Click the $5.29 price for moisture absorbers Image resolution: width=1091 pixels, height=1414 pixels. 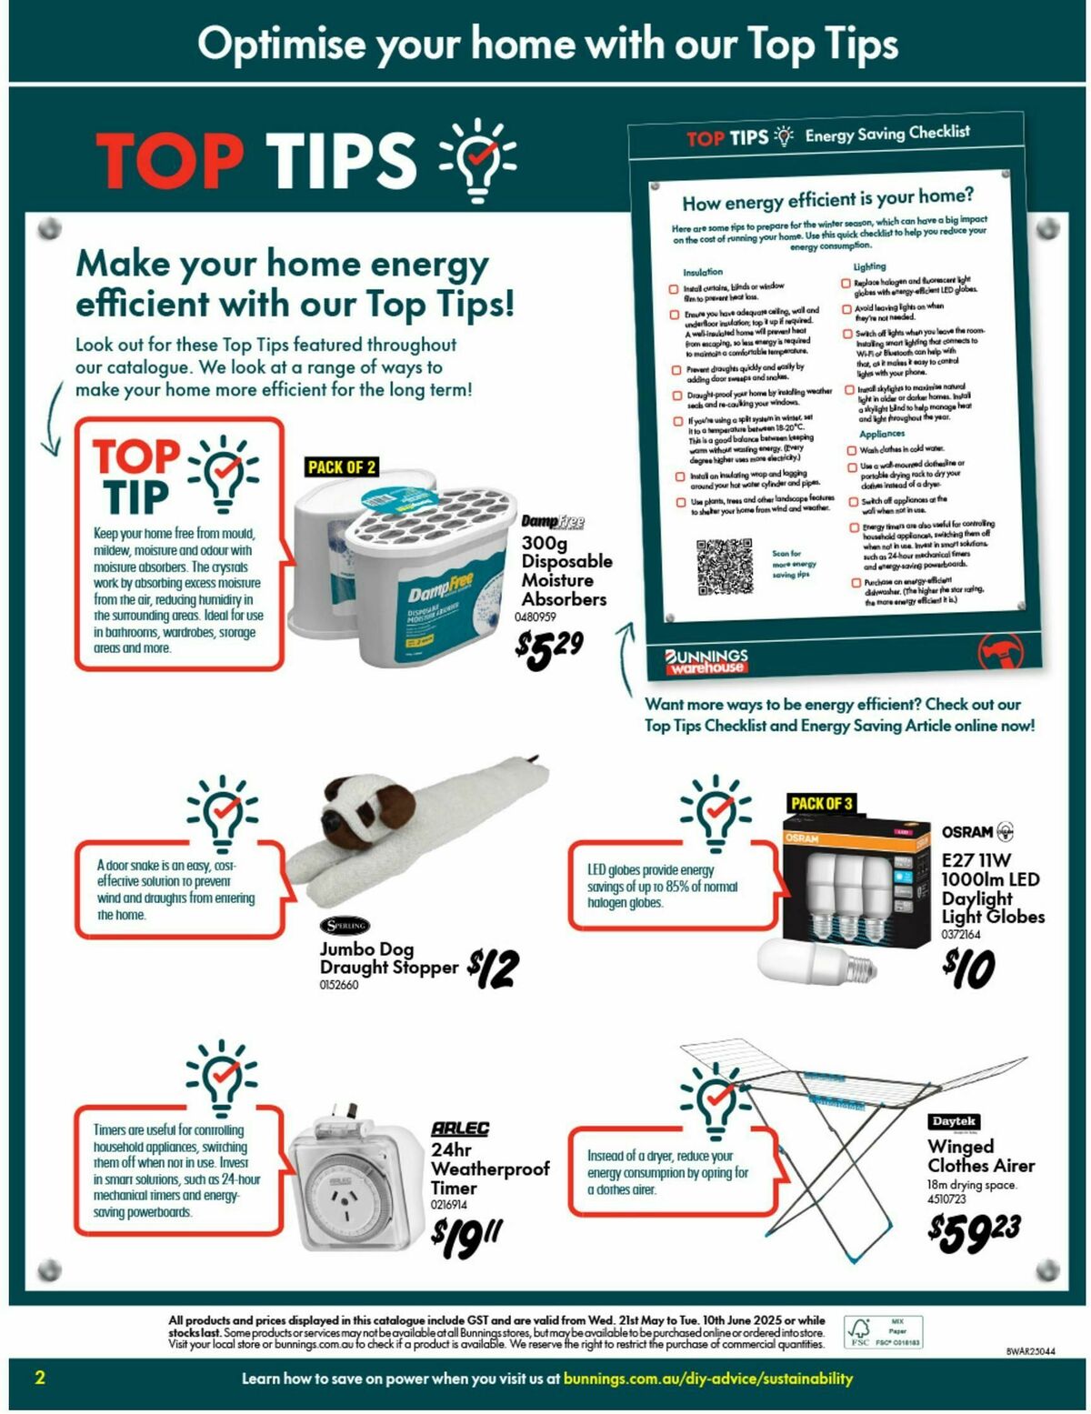548,648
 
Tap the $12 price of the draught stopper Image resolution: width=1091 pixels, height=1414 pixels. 494,968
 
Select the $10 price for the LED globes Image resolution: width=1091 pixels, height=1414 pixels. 969,968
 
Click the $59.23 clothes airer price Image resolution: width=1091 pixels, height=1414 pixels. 974,1231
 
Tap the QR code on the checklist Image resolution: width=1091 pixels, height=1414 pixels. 725,566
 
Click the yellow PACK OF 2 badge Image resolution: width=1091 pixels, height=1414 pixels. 342,467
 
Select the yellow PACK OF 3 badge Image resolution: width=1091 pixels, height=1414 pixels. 821,803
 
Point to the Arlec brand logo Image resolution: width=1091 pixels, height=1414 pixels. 460,1128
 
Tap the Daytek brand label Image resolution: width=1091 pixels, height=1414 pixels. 954,1121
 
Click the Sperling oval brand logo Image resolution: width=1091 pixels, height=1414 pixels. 345,926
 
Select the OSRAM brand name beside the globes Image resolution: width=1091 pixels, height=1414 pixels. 967,832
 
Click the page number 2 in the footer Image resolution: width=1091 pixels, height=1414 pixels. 39,1378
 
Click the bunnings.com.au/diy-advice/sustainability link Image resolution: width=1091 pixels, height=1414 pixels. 707,1379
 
